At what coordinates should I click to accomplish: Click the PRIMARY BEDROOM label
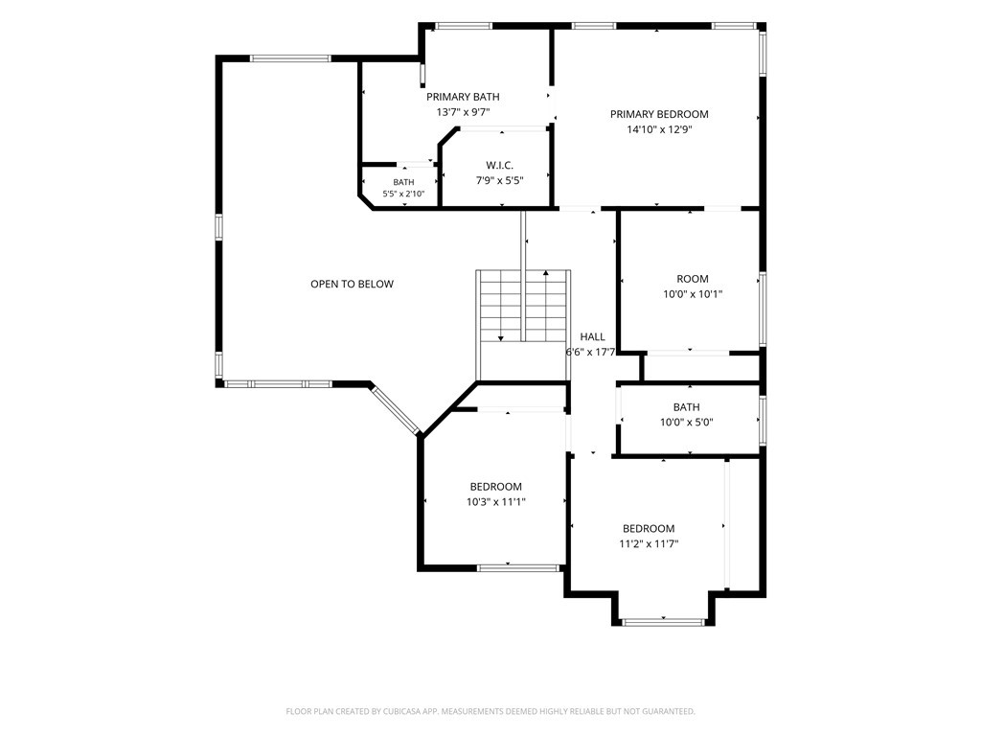659,115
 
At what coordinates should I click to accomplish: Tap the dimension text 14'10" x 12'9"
659,130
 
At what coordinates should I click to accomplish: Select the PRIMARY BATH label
463,97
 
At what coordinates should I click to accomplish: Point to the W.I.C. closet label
499,166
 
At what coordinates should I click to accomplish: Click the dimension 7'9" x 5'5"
499,181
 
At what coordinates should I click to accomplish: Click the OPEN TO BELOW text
353,284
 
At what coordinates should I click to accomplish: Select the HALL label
592,336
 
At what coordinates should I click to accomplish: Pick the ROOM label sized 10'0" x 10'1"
693,279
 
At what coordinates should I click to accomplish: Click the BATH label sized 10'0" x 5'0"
686,407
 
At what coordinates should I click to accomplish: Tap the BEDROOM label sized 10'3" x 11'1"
496,487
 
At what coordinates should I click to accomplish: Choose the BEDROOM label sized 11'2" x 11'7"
649,529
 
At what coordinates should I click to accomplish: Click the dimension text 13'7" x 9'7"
463,113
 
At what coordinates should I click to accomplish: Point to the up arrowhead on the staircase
546,273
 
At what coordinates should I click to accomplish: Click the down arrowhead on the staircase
500,338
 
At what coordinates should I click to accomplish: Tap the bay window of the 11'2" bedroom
663,622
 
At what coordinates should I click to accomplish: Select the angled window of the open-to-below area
396,410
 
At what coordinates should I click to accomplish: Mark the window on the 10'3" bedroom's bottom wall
518,568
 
